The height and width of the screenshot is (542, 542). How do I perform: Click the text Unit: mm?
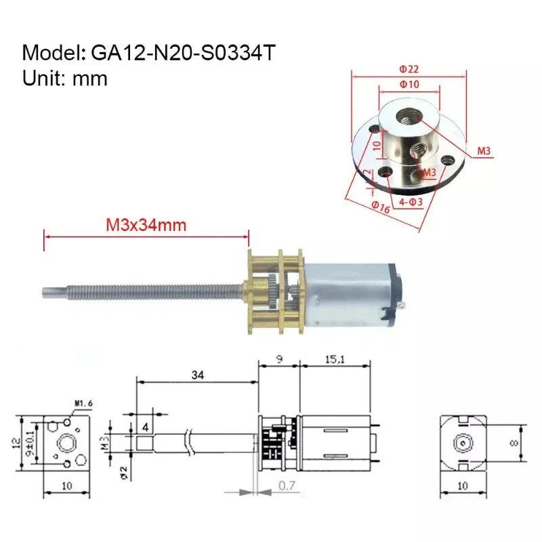[x=65, y=79]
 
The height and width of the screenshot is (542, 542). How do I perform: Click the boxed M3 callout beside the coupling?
[x=483, y=152]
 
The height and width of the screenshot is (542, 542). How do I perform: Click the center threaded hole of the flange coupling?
[x=410, y=119]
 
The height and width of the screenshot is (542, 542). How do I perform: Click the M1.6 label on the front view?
[x=83, y=404]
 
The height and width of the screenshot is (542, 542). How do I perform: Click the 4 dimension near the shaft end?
[x=146, y=426]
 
